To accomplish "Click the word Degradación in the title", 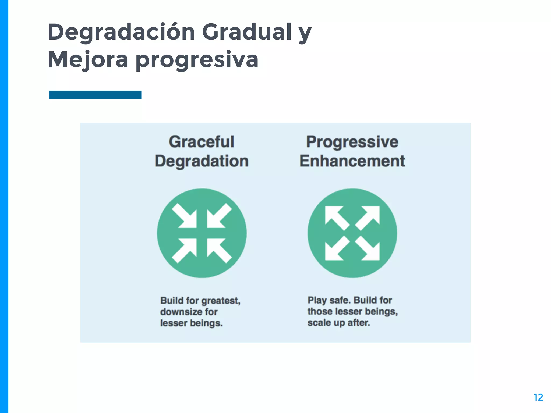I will tap(121, 32).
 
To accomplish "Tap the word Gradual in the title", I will tap(247, 32).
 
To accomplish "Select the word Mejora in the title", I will tap(88, 60).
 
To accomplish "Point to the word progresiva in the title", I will tap(197, 60).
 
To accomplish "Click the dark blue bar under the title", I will tap(95, 95).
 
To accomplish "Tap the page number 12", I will tap(538, 397).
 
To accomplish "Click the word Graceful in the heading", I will tap(202, 142).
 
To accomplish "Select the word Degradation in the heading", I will tap(202, 161).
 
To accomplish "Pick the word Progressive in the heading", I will tap(352, 142).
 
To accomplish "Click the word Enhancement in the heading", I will tap(352, 161).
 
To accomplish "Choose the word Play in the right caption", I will tap(317, 300).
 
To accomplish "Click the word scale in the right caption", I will tap(319, 323).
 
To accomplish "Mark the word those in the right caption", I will tap(319, 312).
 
